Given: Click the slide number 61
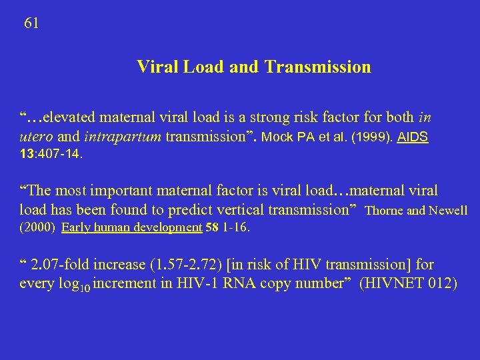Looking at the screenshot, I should click(x=31, y=23).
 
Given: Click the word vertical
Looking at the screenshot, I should click(x=244, y=209).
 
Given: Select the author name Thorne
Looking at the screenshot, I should click(x=387, y=211).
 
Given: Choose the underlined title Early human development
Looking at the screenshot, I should click(x=131, y=227).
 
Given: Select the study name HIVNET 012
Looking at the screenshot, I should click(x=408, y=283).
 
